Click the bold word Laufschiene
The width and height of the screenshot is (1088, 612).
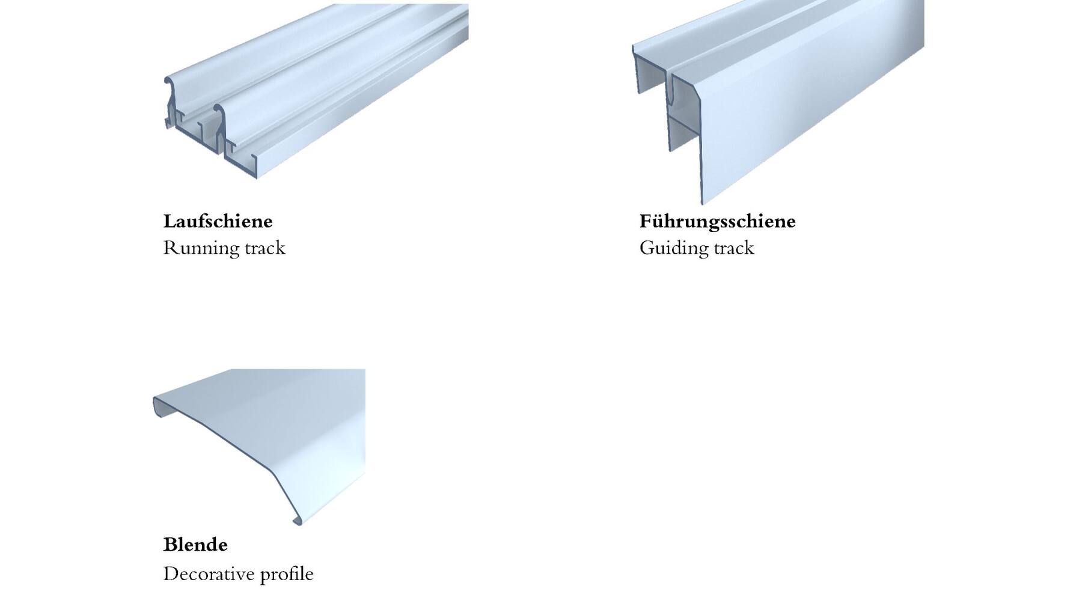pos(218,221)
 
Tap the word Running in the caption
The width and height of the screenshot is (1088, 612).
pos(194,248)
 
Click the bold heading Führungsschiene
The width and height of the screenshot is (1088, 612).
pos(717,222)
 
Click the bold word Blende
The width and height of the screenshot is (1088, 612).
pos(195,545)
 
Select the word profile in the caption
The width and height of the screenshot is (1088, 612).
pos(287,574)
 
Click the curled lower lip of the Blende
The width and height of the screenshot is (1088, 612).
pos(298,520)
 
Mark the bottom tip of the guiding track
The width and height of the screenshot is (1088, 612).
pos(701,203)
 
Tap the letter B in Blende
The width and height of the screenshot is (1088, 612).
pos(171,545)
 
